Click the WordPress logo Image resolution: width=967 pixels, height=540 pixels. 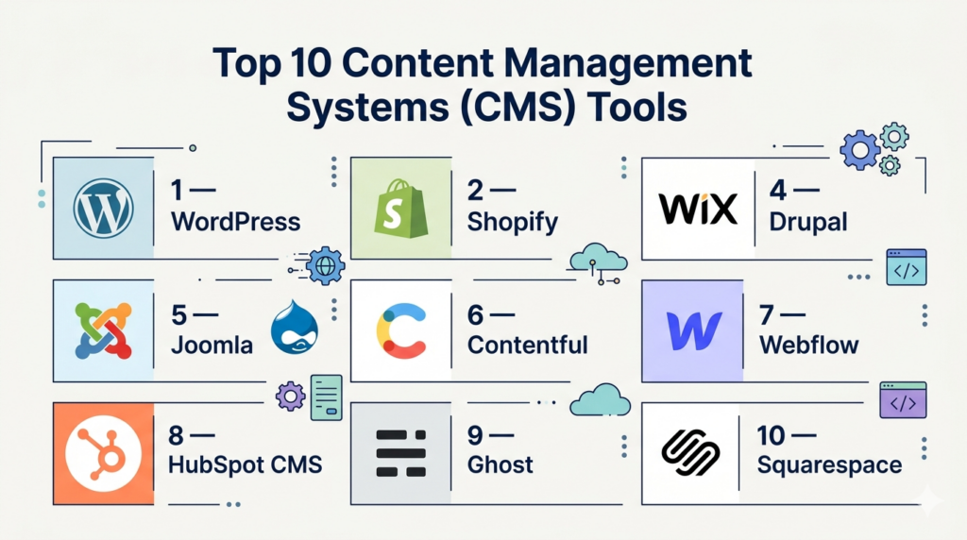[x=103, y=209]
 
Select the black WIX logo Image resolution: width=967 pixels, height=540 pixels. [x=700, y=209]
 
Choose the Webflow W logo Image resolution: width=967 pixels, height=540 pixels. [x=693, y=331]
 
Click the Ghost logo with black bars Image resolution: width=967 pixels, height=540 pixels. [x=401, y=453]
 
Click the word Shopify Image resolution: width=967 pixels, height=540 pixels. [x=513, y=223]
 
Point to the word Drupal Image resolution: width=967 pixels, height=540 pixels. [x=807, y=223]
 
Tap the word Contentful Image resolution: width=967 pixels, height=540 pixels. [x=528, y=345]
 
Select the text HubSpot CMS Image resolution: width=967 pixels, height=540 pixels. [x=246, y=465]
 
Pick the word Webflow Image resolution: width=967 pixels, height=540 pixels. [x=809, y=345]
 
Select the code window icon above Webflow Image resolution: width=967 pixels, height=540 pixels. [x=906, y=267]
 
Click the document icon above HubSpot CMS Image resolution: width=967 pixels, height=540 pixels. [x=326, y=396]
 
